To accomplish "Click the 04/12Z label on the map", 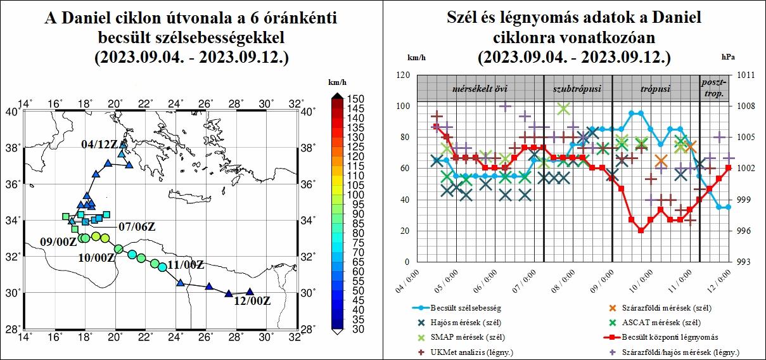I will [x=99, y=145].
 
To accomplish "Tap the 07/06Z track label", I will [x=137, y=226].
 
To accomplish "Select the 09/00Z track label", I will [x=58, y=241].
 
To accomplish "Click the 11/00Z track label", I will [x=185, y=265].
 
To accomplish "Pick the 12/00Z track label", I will [x=252, y=301].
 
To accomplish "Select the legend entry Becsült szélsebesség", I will [x=466, y=309].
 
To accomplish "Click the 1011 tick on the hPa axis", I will [x=746, y=75].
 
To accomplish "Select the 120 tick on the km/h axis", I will [x=403, y=75].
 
